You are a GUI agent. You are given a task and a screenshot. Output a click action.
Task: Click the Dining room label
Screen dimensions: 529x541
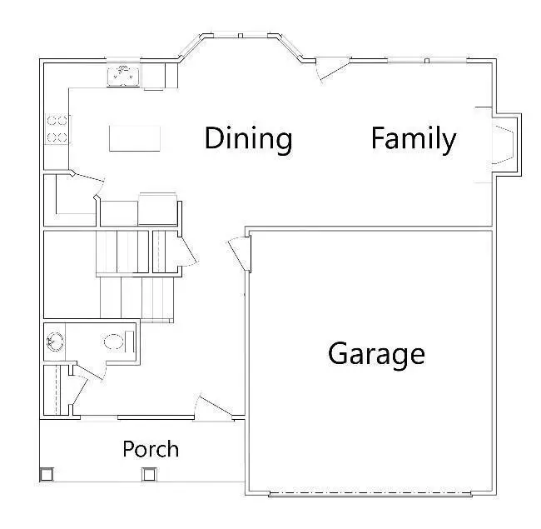click(248, 138)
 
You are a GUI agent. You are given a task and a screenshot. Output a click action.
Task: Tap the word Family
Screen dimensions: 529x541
click(413, 138)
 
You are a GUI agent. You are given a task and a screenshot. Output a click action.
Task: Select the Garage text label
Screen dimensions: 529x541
click(376, 354)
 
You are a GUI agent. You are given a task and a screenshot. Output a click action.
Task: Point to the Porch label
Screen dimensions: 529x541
click(151, 449)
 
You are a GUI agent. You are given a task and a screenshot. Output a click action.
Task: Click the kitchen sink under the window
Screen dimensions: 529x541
click(123, 76)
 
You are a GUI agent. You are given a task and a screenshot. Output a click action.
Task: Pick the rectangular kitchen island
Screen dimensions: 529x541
click(136, 138)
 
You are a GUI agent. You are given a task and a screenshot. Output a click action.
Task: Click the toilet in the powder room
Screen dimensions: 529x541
click(115, 341)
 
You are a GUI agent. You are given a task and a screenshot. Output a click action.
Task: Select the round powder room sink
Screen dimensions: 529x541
click(54, 341)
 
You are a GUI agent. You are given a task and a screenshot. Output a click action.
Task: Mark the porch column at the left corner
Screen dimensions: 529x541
click(47, 474)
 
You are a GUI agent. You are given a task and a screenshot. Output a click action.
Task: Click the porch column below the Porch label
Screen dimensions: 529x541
click(149, 475)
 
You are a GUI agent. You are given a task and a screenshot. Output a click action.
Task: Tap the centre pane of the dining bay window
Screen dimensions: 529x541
click(239, 36)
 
